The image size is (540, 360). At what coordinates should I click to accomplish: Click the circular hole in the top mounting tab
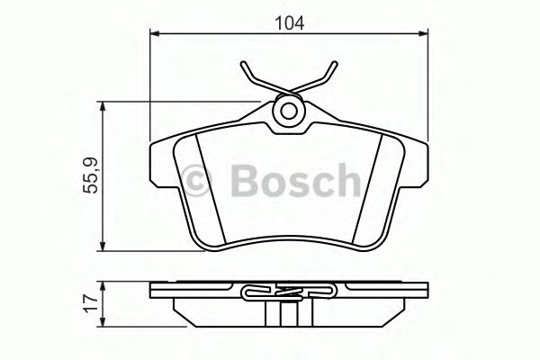click(x=289, y=112)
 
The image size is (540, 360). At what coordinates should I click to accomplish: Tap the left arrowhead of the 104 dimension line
click(x=155, y=34)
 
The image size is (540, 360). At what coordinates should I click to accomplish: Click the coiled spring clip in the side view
click(x=288, y=291)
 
